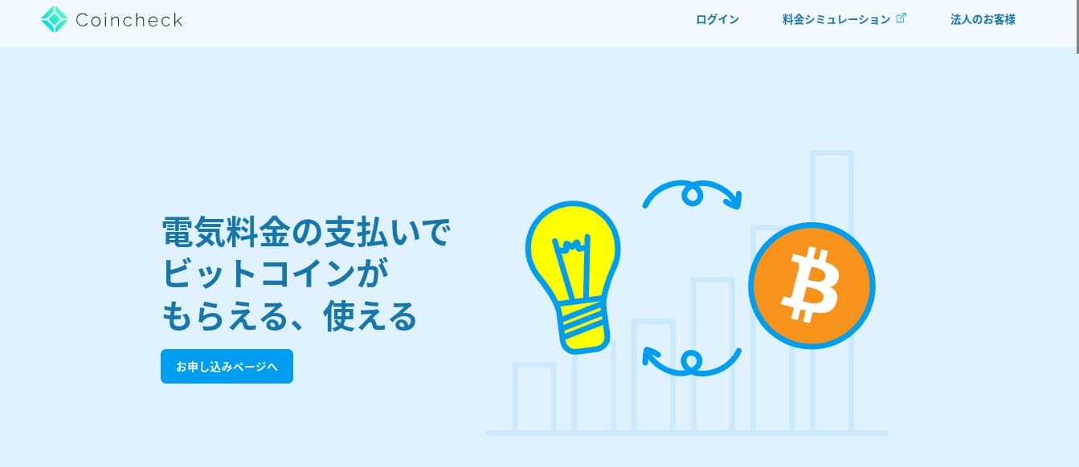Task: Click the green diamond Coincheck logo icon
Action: tap(55, 20)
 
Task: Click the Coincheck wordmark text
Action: tap(129, 20)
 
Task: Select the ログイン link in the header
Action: tap(717, 20)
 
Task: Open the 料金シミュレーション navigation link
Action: tap(836, 20)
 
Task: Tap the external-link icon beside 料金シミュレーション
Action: tap(901, 18)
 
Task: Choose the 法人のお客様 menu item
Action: tap(983, 20)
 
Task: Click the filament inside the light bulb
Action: tap(572, 270)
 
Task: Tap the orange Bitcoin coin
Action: tap(811, 285)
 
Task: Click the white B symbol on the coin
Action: tap(811, 284)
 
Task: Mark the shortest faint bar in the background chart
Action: tap(533, 396)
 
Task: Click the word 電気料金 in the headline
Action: tap(226, 233)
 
